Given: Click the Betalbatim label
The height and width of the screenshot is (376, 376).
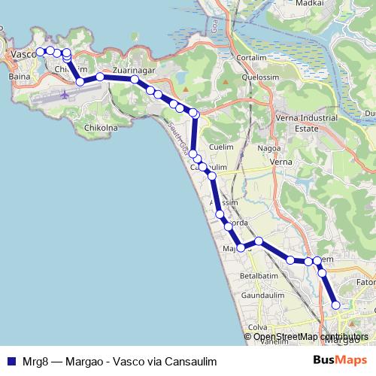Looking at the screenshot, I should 257,275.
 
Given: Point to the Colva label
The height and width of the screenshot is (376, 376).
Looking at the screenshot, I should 258,327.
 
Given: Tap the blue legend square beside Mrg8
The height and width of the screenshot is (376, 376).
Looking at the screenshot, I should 11,361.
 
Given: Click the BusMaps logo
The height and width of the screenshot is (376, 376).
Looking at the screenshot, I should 339,361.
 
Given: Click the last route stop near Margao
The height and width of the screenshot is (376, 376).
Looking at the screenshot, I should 336,305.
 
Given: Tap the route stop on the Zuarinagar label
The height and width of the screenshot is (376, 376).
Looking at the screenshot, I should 135,79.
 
